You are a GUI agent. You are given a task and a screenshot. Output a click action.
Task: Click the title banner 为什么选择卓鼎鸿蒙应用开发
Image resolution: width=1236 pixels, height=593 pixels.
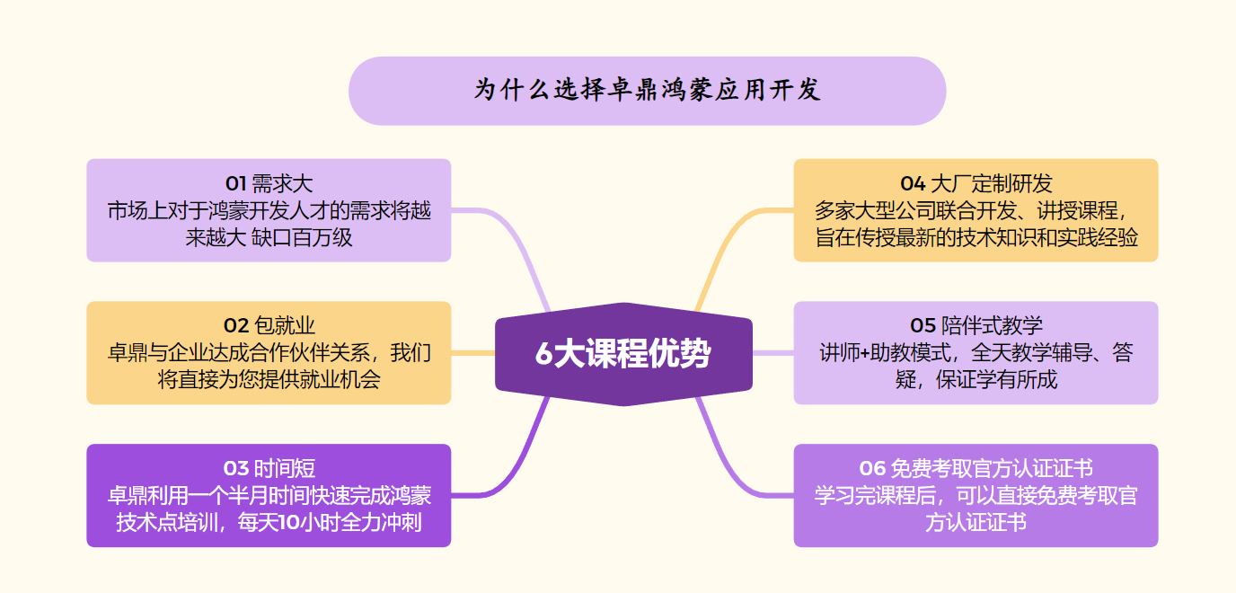(648, 91)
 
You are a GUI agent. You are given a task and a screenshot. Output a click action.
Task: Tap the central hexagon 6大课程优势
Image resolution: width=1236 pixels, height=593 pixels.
(623, 354)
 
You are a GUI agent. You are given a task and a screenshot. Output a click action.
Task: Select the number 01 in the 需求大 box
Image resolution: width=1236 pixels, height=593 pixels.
(235, 183)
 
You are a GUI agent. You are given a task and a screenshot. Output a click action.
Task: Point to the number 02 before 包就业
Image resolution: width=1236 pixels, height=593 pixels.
(236, 326)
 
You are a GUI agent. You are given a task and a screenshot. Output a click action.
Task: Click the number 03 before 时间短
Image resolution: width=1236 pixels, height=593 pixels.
(236, 469)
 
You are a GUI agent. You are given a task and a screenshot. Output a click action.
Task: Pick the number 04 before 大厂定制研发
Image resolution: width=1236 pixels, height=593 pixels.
(913, 183)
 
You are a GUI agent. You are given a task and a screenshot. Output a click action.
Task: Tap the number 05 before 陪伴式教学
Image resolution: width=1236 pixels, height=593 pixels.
(923, 326)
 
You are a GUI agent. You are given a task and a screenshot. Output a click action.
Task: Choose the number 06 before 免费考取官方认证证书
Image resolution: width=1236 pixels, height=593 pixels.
(872, 469)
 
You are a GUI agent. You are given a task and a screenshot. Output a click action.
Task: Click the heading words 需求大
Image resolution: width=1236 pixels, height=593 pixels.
(282, 183)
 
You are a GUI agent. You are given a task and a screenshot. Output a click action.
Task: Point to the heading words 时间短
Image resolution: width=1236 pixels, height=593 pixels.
(286, 469)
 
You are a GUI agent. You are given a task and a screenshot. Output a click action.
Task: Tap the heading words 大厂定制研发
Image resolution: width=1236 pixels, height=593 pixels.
(992, 183)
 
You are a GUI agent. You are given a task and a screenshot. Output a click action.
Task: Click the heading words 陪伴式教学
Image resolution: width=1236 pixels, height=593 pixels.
(992, 326)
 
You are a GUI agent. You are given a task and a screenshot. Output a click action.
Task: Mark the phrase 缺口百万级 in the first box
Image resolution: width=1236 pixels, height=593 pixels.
(302, 238)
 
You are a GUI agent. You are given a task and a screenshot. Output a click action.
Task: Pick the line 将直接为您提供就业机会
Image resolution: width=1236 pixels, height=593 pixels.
(269, 380)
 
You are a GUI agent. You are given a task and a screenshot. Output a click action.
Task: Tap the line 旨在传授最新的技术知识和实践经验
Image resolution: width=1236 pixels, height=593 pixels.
(976, 238)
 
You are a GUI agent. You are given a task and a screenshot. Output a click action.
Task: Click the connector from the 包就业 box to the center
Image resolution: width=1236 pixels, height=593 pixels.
(472, 353)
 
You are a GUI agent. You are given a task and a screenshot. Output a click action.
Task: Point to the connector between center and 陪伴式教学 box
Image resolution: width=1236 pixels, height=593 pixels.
(773, 353)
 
